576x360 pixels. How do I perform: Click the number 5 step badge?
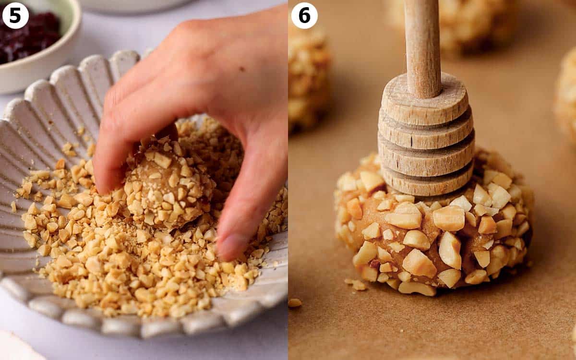click(15, 15)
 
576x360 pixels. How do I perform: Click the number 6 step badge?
click(304, 15)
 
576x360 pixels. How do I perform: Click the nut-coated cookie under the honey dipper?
click(432, 240)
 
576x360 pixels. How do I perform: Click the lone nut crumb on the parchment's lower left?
click(295, 303)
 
